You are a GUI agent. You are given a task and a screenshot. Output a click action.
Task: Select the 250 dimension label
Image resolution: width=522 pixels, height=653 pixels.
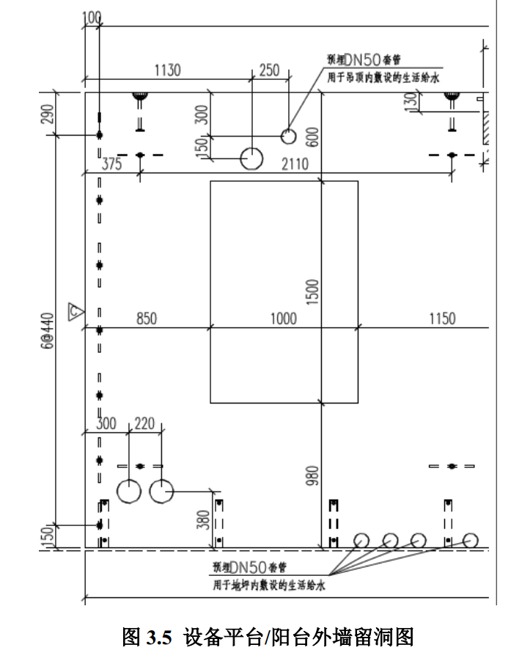click(x=270, y=70)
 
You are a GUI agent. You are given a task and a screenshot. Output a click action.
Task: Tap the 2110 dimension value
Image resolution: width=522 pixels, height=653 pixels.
click(x=295, y=164)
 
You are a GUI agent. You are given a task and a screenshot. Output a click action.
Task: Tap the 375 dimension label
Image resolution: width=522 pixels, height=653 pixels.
click(x=111, y=164)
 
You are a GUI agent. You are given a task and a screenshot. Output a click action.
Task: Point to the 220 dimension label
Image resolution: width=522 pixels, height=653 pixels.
click(x=146, y=425)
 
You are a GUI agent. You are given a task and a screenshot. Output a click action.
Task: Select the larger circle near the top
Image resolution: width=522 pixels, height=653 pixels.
click(x=252, y=158)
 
